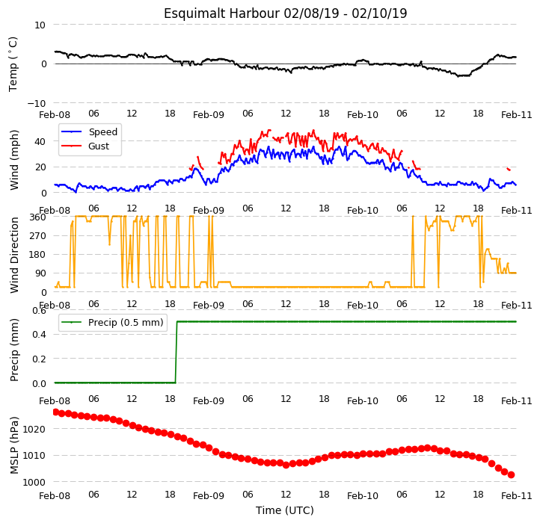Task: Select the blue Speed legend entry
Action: [89, 131]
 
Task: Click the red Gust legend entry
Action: [85, 146]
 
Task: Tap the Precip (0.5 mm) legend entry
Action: [112, 323]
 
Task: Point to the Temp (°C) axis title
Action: [13, 64]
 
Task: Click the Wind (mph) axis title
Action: [14, 161]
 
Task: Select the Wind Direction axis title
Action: [14, 255]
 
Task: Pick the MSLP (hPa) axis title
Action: [14, 445]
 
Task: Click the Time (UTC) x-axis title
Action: [285, 510]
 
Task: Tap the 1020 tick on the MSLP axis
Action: [34, 429]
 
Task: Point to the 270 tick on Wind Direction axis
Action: [39, 236]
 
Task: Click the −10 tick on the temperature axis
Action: [37, 103]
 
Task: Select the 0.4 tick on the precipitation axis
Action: [39, 335]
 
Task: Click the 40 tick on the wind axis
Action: [40, 141]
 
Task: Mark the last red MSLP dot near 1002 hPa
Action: [511, 475]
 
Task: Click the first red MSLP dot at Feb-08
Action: [56, 412]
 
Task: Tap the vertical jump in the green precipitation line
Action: [177, 352]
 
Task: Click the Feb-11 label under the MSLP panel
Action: [517, 496]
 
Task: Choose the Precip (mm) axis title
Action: [14, 350]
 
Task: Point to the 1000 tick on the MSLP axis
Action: [34, 483]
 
